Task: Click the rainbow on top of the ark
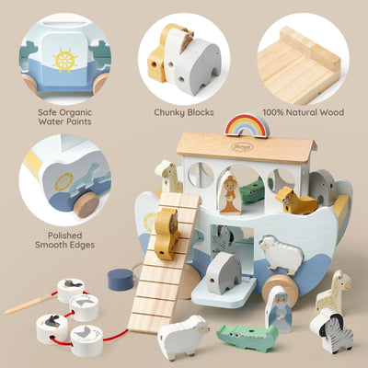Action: point(247,124)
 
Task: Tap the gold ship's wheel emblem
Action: point(64,61)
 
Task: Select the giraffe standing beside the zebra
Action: point(332,293)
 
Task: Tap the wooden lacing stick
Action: point(27,304)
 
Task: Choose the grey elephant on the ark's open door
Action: point(224,273)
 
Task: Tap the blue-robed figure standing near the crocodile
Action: point(279,308)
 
